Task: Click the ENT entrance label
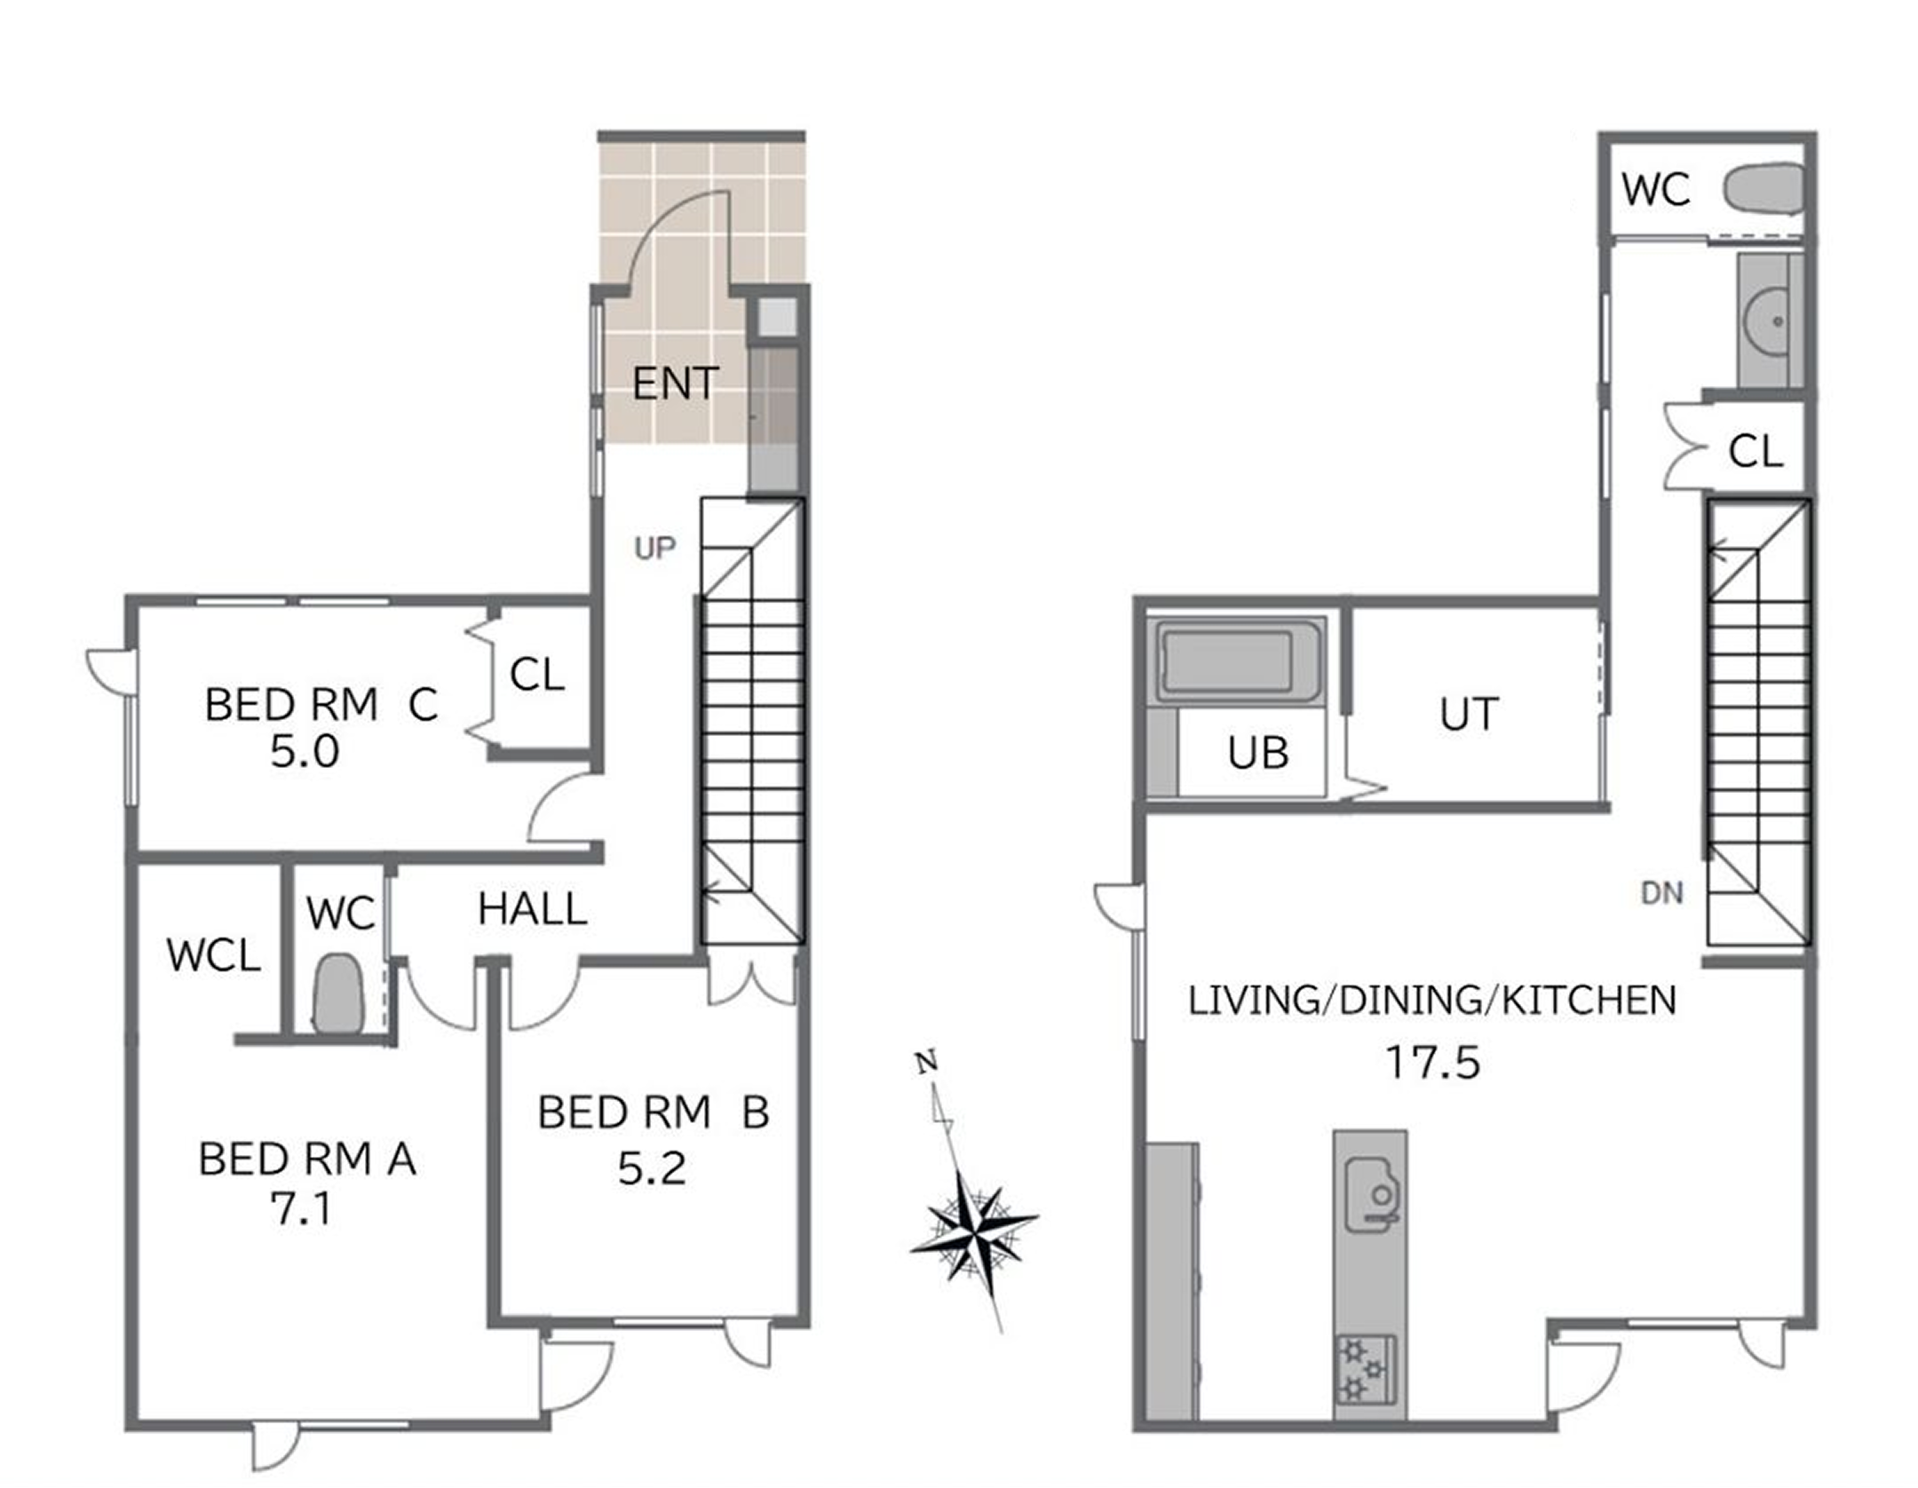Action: pos(675,384)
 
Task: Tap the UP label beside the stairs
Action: pos(654,549)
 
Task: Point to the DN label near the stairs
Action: pos(1661,893)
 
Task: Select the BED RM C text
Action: pos(321,705)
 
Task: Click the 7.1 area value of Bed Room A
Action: pos(301,1208)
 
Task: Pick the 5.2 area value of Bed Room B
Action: pos(652,1168)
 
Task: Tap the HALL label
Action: pos(532,909)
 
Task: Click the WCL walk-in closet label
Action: pos(213,955)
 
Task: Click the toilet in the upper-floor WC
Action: pos(1763,188)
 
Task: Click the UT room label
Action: pos(1470,714)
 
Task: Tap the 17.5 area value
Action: pos(1433,1063)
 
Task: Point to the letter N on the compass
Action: pos(927,1062)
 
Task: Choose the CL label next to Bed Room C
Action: pos(537,675)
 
